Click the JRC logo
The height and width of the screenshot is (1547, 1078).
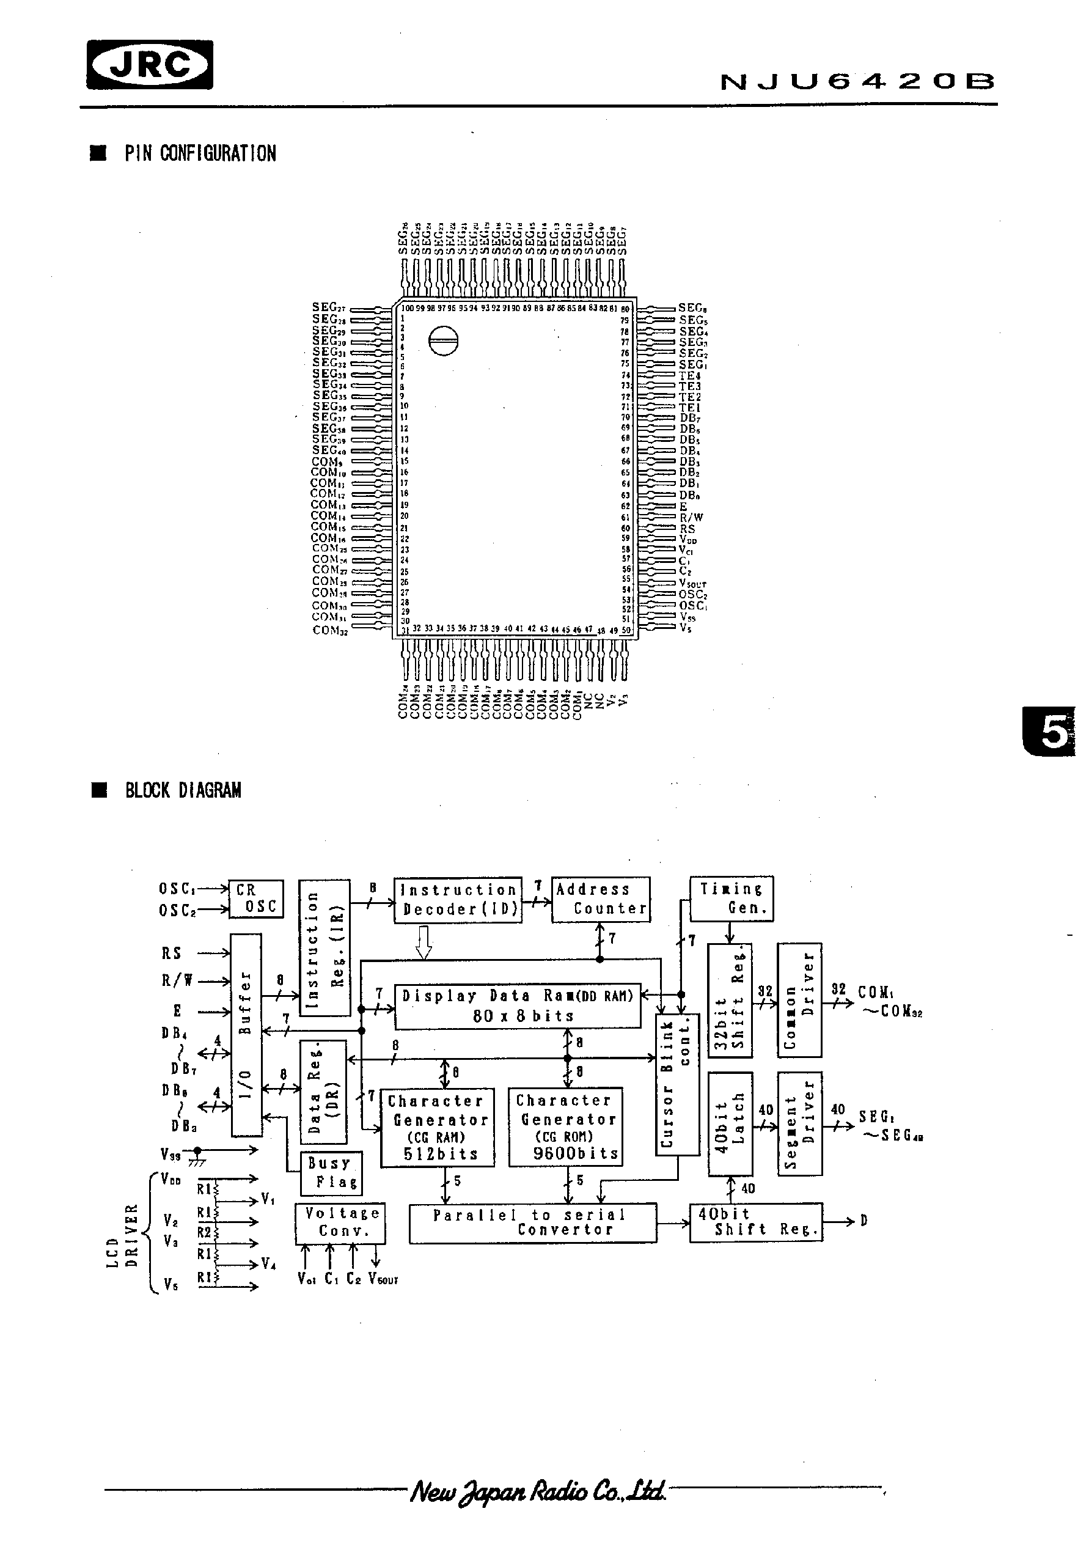tap(150, 65)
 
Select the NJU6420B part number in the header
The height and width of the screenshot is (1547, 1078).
tap(857, 82)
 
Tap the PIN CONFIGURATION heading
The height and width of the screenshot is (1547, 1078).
tap(200, 153)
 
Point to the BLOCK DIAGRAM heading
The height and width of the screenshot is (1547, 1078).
tap(183, 790)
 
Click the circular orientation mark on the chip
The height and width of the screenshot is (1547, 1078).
tap(442, 341)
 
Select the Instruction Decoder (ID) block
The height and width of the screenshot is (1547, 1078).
tap(458, 900)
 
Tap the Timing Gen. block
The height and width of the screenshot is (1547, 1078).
tap(732, 898)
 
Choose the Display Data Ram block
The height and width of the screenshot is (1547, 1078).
tap(517, 1005)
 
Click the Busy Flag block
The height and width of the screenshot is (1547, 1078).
tap(332, 1172)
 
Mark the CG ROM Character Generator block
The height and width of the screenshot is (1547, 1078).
tap(565, 1126)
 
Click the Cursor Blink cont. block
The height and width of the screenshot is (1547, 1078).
tap(677, 1084)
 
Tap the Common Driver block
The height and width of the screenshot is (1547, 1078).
tap(799, 1000)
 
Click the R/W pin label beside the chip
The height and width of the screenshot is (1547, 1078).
tap(691, 518)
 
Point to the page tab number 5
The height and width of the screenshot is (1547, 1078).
tap(1052, 732)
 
